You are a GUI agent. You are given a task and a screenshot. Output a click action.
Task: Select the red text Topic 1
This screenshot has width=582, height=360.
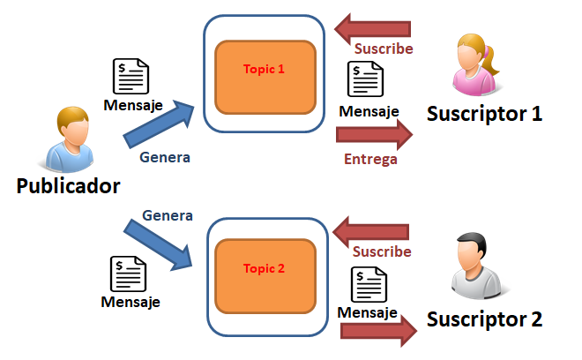coord(265,68)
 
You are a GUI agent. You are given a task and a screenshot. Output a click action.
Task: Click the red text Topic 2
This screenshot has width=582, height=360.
coord(265,269)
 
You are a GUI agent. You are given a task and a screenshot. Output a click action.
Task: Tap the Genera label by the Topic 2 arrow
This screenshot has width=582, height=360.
coord(168,215)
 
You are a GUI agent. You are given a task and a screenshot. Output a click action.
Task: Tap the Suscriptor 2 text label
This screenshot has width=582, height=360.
coord(485,319)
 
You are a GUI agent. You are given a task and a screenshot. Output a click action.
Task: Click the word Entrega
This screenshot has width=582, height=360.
coord(370,160)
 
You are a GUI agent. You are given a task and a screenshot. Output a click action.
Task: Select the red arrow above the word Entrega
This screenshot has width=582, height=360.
coord(374,135)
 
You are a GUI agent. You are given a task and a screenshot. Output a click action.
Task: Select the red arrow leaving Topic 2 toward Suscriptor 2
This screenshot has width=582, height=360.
coord(377,330)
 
